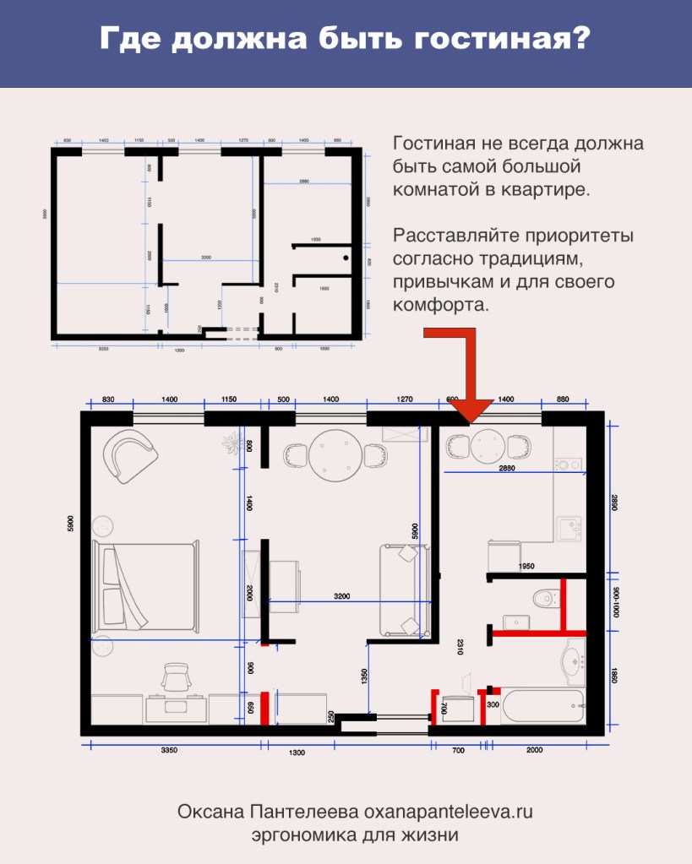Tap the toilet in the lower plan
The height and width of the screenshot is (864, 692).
pos(544,598)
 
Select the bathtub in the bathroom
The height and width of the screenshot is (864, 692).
pos(542,706)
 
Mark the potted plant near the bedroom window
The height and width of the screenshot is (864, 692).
pos(230,443)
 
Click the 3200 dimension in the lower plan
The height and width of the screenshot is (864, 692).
pos(342,596)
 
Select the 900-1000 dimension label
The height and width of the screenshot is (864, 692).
pos(614,601)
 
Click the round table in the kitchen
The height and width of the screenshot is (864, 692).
pos(488,445)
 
